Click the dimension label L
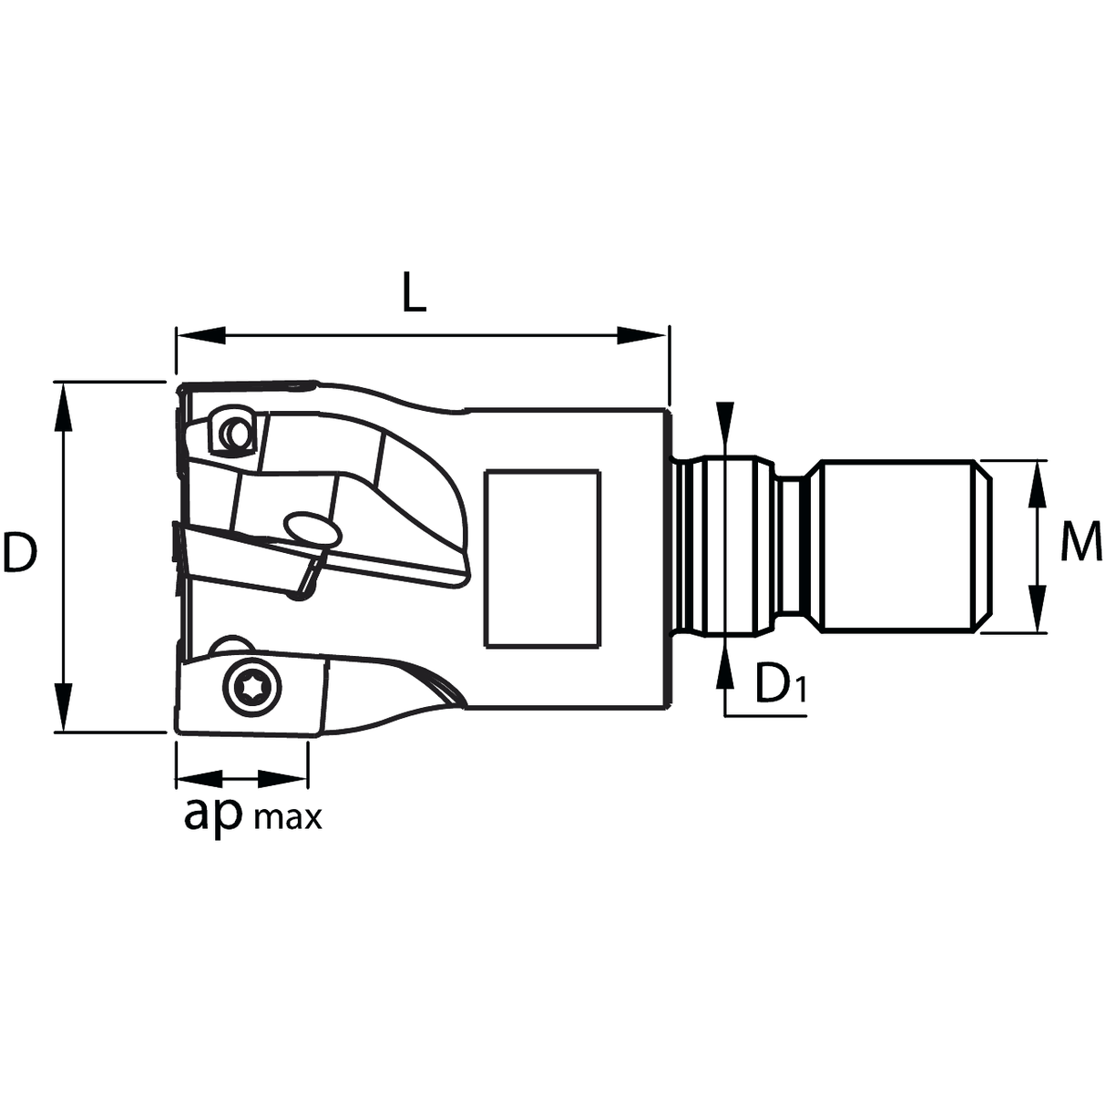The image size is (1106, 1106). pos(415,293)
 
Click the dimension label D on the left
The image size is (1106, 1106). pos(20,553)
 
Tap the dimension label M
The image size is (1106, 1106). pos(1081,546)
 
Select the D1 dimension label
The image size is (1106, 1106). pos(780,685)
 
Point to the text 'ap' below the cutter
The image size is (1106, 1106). pos(213,814)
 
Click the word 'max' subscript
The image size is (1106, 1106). pos(288,817)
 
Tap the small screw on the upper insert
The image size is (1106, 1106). pos(238,435)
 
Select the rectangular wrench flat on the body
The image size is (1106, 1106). pos(542,558)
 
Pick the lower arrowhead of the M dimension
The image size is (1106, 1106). pos(1037,609)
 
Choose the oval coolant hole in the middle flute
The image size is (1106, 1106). pos(312,527)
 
